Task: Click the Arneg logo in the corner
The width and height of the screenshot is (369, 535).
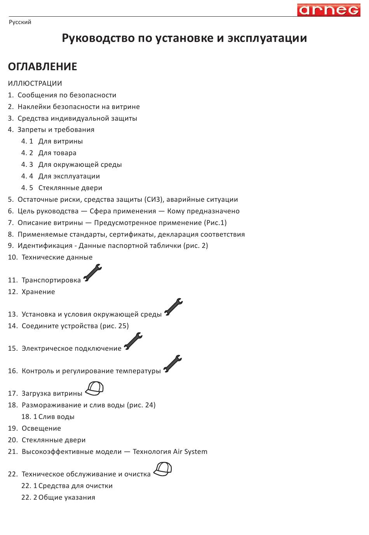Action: [x=329, y=10]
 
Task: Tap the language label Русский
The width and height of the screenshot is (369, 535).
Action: [x=20, y=22]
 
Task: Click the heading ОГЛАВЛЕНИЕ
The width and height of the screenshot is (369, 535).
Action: [x=42, y=67]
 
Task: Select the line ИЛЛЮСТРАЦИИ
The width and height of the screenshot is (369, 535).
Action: [x=35, y=83]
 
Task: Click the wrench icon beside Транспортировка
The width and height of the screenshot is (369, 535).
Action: [x=92, y=273]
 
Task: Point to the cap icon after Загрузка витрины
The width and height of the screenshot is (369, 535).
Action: [x=94, y=388]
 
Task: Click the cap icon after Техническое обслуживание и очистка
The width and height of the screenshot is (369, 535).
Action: [x=162, y=469]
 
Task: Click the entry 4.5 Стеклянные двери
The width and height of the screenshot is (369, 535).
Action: [x=62, y=188]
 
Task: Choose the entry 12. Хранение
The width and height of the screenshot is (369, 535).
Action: [x=31, y=292]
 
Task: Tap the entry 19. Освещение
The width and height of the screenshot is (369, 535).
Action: [x=35, y=428]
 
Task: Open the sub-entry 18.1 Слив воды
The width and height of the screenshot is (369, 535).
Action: [x=48, y=417]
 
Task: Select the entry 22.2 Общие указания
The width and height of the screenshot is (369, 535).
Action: [x=58, y=497]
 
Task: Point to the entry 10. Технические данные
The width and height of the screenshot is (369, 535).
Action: [x=50, y=257]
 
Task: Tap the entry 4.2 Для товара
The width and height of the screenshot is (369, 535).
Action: [x=49, y=153]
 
